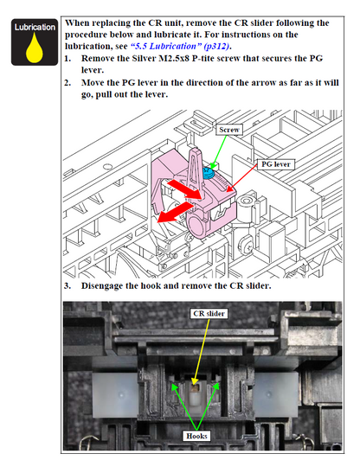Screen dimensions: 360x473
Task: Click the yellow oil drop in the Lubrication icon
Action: point(34,50)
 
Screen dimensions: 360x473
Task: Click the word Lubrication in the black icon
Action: point(35,27)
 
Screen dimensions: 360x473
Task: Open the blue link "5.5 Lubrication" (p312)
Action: point(180,46)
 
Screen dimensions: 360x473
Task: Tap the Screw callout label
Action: point(229,130)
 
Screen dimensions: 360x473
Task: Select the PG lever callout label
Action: point(275,164)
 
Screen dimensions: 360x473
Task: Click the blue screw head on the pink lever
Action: point(208,172)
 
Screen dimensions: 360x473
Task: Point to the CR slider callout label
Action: point(209,314)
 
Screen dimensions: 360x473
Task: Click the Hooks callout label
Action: point(196,436)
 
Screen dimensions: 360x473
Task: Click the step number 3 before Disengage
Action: point(67,285)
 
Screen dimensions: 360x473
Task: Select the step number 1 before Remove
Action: point(67,58)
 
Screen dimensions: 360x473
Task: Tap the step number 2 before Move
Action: point(67,83)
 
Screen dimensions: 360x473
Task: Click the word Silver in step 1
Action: point(144,58)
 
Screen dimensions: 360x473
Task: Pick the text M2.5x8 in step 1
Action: point(174,58)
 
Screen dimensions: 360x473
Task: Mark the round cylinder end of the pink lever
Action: point(196,226)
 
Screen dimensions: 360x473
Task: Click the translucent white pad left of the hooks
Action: point(115,395)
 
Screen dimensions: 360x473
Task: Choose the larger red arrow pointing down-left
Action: point(175,213)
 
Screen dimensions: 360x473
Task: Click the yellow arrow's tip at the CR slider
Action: point(194,386)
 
